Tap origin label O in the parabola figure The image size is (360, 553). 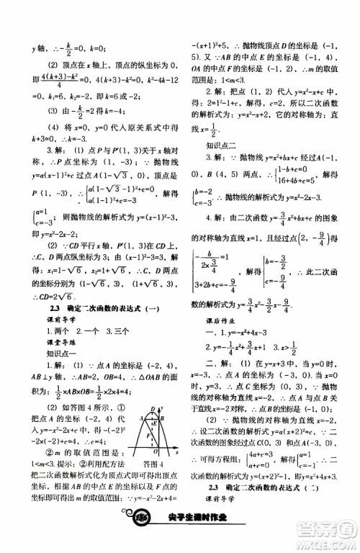point(161,457)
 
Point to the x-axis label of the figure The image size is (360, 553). point(176,456)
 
